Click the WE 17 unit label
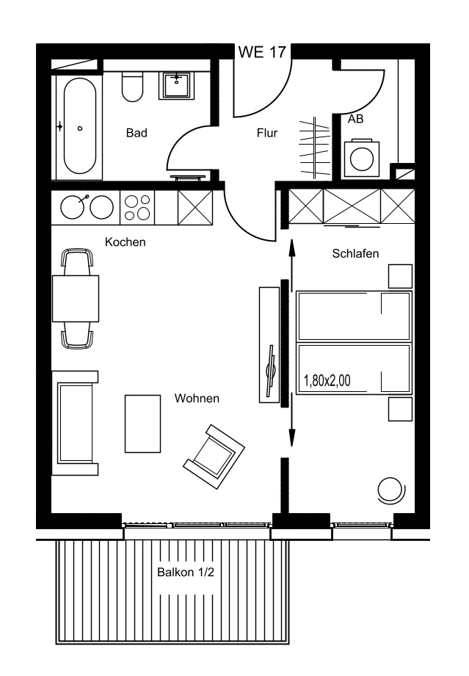pyautogui.click(x=262, y=52)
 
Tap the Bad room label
pyautogui.click(x=137, y=133)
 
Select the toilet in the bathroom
pyautogui.click(x=132, y=87)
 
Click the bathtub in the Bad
pyautogui.click(x=80, y=126)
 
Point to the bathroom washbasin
pyautogui.click(x=177, y=85)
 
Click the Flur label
pyautogui.click(x=267, y=133)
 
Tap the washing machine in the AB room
pyautogui.click(x=362, y=159)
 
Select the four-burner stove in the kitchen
pyautogui.click(x=137, y=208)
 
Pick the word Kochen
pyautogui.click(x=125, y=242)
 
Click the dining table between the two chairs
pyautogui.click(x=76, y=298)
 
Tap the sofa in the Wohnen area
pyautogui.click(x=75, y=423)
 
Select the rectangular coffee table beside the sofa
pyautogui.click(x=142, y=424)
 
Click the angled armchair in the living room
pyautogui.click(x=214, y=457)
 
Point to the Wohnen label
pyautogui.click(x=197, y=399)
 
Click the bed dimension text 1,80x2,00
pyautogui.click(x=327, y=381)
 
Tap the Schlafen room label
pyautogui.click(x=355, y=253)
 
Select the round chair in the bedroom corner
pyautogui.click(x=392, y=490)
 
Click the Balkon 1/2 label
pyautogui.click(x=186, y=573)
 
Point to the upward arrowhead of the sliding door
pyautogui.click(x=292, y=247)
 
